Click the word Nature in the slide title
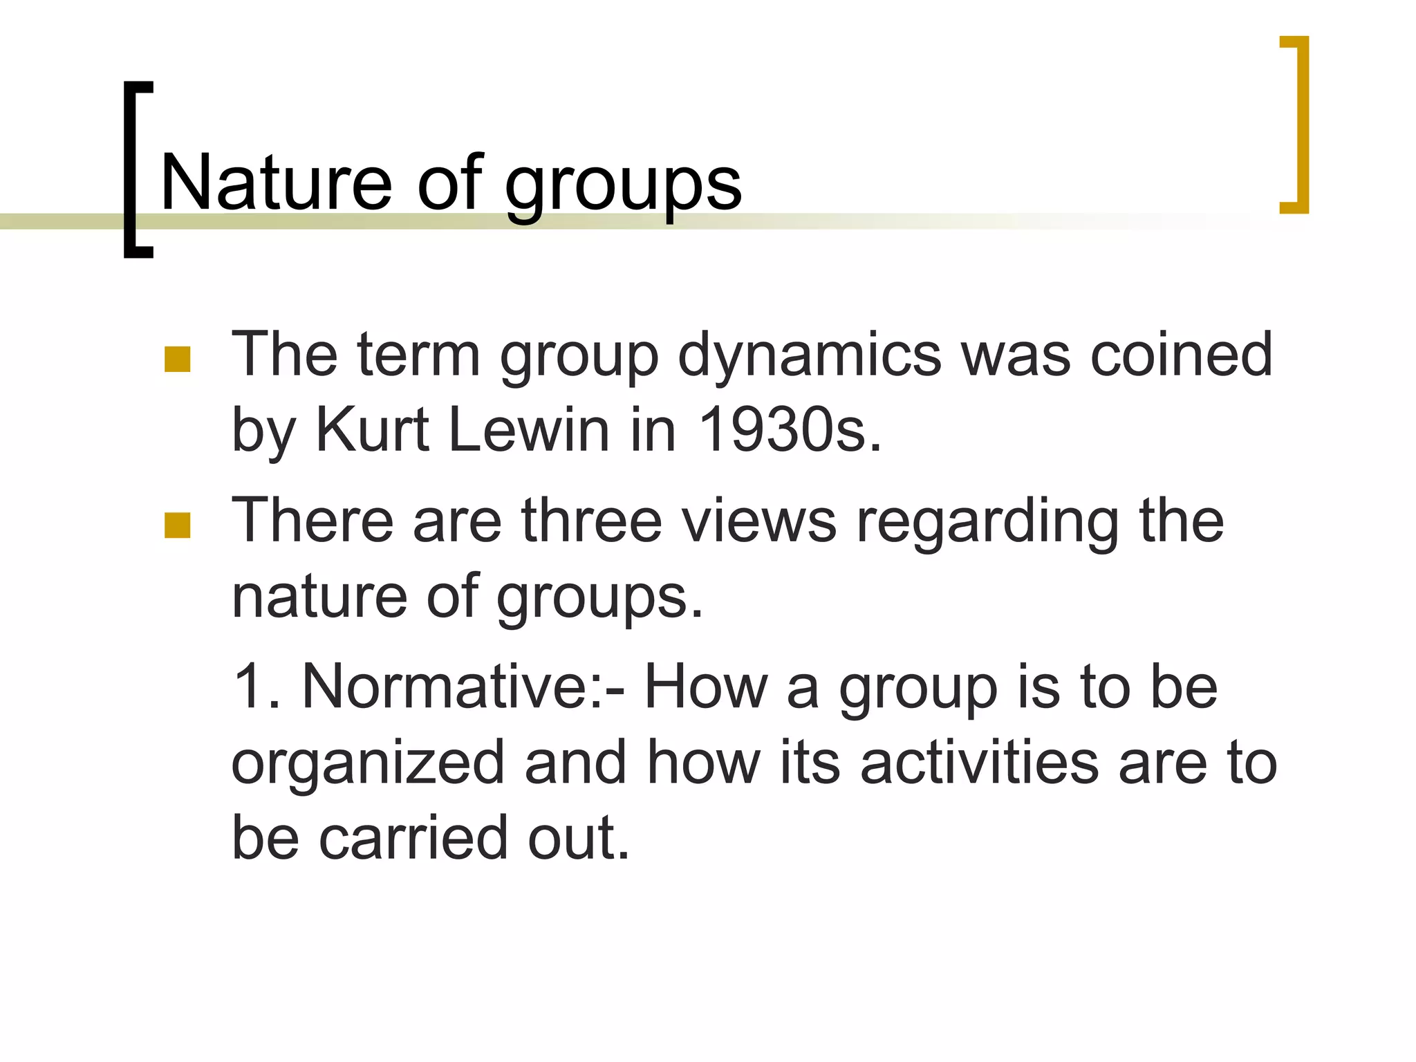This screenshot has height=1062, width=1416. (277, 183)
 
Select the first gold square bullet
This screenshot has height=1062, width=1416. (178, 360)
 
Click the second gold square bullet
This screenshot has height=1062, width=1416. (178, 525)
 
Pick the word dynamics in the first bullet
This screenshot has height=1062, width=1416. (810, 356)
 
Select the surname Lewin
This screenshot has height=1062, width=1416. (530, 430)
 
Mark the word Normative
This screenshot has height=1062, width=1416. (454, 687)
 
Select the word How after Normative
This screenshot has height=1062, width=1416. (705, 687)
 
